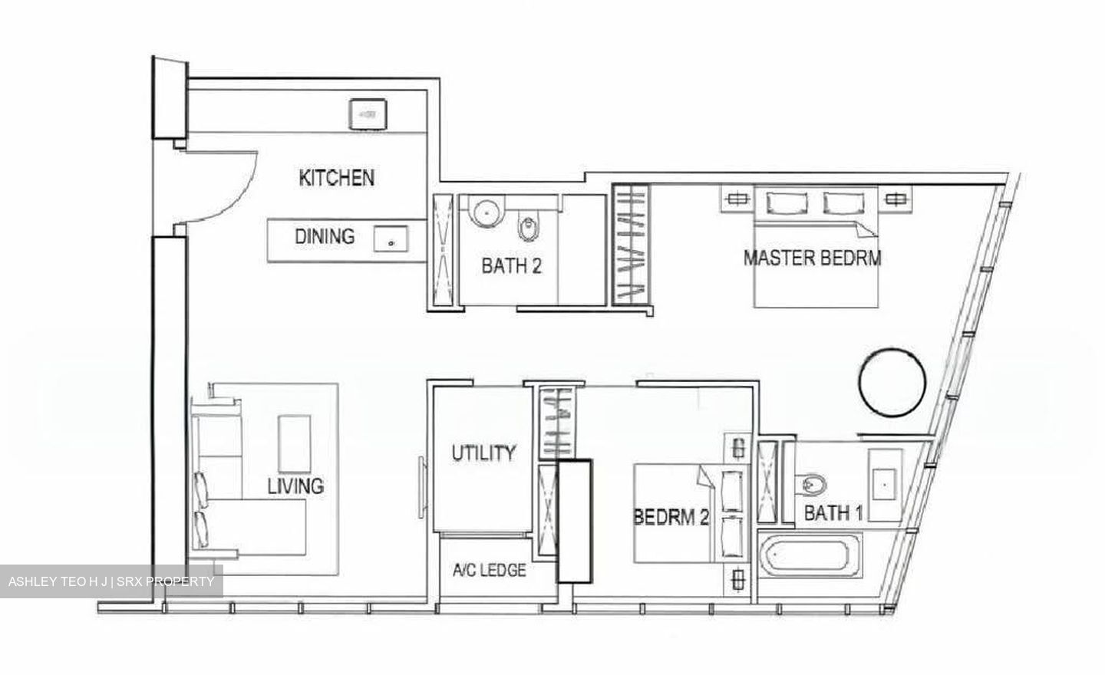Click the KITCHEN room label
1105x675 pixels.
[336, 178]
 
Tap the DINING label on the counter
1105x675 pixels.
[325, 237]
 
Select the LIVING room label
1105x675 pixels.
[295, 486]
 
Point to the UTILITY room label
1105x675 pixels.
[483, 453]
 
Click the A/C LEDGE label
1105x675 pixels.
[490, 571]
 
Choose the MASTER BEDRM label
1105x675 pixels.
[813, 258]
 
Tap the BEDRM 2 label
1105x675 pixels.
[671, 517]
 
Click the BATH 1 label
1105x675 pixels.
[833, 513]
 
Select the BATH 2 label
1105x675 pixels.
[512, 266]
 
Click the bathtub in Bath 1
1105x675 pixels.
[810, 555]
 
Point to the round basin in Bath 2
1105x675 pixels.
[486, 212]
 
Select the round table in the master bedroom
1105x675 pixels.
[892, 383]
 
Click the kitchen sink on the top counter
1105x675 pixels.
[368, 114]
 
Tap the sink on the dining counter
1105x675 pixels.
[391, 239]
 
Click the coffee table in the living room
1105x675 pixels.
[294, 444]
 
